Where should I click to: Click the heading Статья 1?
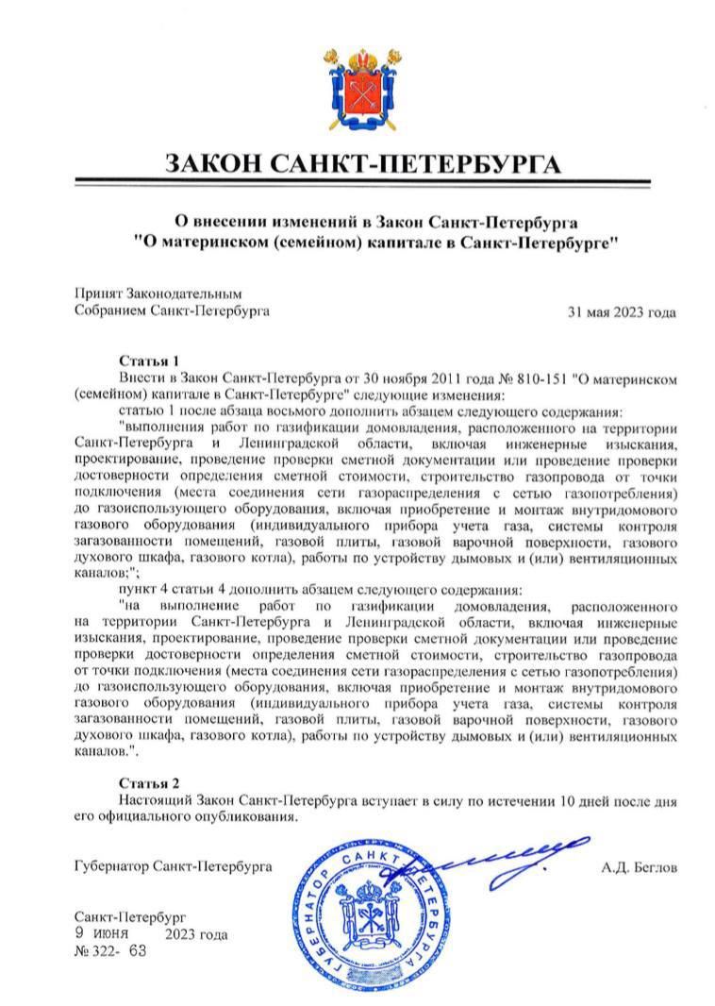tap(149, 361)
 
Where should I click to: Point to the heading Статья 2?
tap(149, 783)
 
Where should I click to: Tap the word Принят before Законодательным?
tap(98, 294)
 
